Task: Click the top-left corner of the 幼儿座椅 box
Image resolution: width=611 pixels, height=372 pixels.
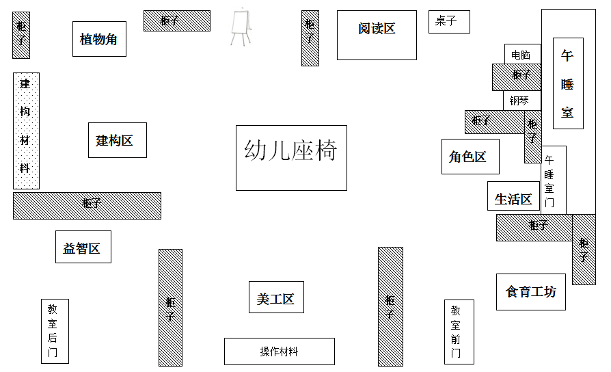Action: click(236, 126)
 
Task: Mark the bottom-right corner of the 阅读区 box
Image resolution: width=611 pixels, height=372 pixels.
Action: click(416, 59)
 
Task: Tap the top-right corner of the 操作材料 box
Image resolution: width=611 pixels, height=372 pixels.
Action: click(334, 338)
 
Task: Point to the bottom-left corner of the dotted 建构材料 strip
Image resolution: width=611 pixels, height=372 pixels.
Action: click(13, 189)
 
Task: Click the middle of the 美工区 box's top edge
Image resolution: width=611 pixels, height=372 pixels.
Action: click(276, 282)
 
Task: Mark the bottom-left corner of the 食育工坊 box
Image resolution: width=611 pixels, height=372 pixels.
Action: click(496, 310)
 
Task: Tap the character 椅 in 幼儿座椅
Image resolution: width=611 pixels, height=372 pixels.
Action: click(326, 150)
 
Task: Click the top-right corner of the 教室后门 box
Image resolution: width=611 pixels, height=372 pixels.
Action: click(68, 300)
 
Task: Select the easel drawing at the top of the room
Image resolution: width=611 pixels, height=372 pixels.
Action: click(241, 27)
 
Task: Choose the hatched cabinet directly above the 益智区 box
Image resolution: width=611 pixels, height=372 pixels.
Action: click(87, 206)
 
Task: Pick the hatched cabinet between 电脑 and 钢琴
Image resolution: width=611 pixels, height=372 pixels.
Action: click(517, 77)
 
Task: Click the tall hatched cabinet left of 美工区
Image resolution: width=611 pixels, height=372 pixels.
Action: click(170, 308)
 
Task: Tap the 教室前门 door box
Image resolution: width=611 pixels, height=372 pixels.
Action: click(459, 332)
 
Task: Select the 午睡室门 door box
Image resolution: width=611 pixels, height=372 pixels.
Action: click(554, 180)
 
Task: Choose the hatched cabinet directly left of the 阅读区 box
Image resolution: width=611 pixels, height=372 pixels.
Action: click(310, 38)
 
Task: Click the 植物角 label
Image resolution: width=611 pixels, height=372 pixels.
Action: click(98, 40)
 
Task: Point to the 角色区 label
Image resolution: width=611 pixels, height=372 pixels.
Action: click(467, 157)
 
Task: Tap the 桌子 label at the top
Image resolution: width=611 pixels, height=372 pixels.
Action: click(446, 21)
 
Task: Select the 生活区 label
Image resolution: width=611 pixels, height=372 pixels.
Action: click(513, 199)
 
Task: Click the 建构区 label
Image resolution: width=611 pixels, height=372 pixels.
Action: click(115, 140)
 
